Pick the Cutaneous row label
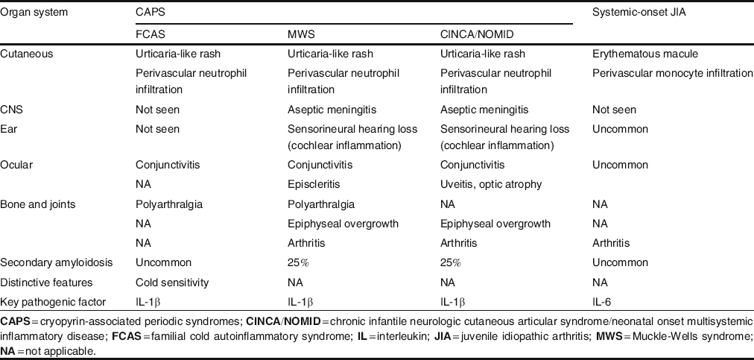[27, 54]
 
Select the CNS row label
[12, 109]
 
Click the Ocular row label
[17, 165]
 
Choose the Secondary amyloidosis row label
[51, 262]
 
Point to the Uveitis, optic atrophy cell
[492, 184]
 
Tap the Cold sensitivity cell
[172, 282]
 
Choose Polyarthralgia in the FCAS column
[169, 203]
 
